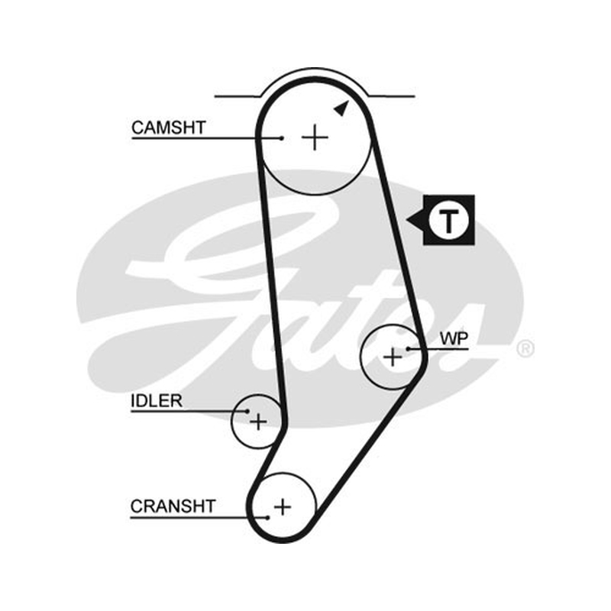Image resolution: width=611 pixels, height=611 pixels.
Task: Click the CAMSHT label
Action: pos(168,128)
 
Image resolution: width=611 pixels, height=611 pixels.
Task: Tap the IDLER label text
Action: pos(157,401)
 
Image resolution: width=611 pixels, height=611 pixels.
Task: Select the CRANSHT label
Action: pos(173,506)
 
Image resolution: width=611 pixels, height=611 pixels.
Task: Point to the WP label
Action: pos(454,338)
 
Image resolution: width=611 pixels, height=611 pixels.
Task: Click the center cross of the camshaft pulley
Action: pos(315,137)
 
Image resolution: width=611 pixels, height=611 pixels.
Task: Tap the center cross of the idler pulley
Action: pos(258,422)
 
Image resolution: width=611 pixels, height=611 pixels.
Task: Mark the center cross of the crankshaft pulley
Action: pos(283,507)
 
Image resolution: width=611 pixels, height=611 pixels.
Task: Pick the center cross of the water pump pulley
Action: pos(393,357)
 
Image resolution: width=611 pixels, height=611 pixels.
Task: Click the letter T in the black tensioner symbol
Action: pos(449,221)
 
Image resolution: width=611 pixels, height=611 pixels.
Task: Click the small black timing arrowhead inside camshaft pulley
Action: pos(341,108)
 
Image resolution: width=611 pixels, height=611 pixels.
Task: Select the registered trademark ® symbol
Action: pos(525,349)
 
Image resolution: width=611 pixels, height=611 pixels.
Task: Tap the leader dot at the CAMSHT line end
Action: pos(282,137)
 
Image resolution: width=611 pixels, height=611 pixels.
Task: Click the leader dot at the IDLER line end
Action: pos(247,411)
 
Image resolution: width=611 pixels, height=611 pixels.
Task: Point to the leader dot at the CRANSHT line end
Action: pos(268,518)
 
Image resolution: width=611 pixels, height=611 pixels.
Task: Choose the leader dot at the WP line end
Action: pos(408,349)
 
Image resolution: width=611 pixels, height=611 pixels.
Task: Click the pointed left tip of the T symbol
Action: pos(406,220)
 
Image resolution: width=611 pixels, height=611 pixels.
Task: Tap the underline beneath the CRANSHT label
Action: pos(199,518)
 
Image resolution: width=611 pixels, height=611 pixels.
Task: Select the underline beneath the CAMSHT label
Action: pos(206,138)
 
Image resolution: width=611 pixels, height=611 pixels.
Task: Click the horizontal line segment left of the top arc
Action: pos(237,96)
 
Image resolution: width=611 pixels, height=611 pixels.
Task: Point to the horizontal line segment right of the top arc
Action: pos(392,96)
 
